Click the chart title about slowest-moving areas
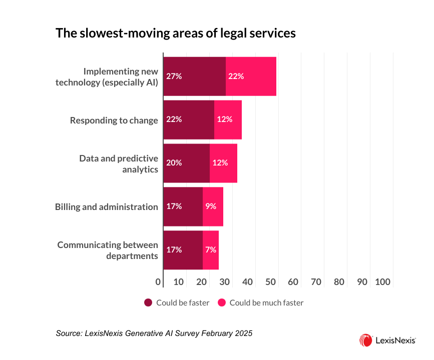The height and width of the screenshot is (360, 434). [175, 33]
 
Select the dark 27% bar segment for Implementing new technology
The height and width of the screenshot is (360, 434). [195, 76]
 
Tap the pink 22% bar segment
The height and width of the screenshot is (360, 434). [251, 76]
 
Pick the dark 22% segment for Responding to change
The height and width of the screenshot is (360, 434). [189, 120]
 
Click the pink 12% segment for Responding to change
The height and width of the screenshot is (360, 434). [228, 120]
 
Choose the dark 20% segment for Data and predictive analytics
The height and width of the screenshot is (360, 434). [187, 163]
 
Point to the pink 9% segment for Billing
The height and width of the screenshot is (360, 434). [213, 206]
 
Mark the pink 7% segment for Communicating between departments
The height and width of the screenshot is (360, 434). [210, 250]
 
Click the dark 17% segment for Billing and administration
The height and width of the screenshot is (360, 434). [183, 206]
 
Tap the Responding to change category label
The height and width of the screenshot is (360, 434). [114, 120]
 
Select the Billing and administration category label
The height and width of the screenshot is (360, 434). [106, 207]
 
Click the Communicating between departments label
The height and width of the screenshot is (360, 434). [107, 250]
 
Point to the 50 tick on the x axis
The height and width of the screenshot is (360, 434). [270, 282]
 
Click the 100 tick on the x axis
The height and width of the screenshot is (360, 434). [382, 282]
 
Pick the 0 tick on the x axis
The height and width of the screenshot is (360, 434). [159, 282]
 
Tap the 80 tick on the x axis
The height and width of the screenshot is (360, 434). [339, 282]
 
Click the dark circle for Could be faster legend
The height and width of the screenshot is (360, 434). [148, 302]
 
